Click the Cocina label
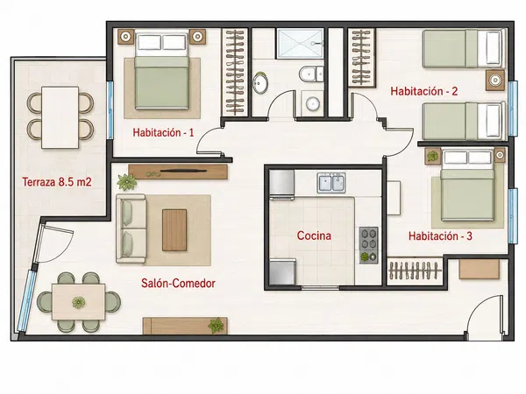pos(314,236)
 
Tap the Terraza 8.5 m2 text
pos(57,182)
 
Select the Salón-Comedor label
pos(178,283)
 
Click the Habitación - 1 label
pos(163,132)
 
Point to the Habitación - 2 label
pos(424,91)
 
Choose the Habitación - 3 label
pos(440,236)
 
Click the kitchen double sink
pos(331,183)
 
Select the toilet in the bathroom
pos(311,74)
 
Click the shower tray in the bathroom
pos(300,44)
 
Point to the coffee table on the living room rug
pos(174,230)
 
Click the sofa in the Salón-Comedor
pos(131,229)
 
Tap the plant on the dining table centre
pos(79,303)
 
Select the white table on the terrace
pos(60,117)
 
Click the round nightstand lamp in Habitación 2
pos(495,80)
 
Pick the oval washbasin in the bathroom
pos(260,83)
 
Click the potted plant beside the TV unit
pos(126,181)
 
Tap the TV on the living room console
pos(183,172)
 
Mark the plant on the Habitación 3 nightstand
pos(433,156)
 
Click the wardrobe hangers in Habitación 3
pos(414,271)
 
